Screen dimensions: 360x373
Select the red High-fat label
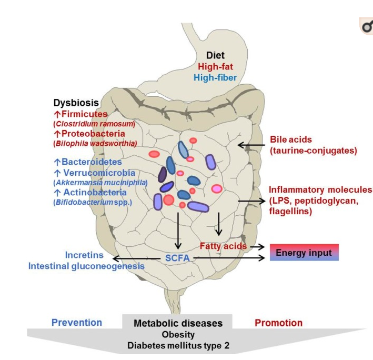pyautogui.click(x=215, y=67)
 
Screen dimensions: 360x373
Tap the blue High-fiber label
pyautogui.click(x=215, y=78)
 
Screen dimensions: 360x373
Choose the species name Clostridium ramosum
pyautogui.click(x=94, y=124)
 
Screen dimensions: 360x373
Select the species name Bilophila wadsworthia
pyautogui.click(x=96, y=143)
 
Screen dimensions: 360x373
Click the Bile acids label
pyautogui.click(x=291, y=140)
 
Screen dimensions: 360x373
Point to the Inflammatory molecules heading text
pyautogui.click(x=320, y=190)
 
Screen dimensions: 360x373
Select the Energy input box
pyautogui.click(x=304, y=253)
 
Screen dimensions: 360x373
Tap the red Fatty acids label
pyautogui.click(x=223, y=246)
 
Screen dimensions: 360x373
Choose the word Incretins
pyautogui.click(x=84, y=255)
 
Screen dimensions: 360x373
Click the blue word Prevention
pyautogui.click(x=77, y=323)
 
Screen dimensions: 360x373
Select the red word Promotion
pyautogui.click(x=278, y=323)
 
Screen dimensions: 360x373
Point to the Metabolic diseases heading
pyautogui.click(x=178, y=323)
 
